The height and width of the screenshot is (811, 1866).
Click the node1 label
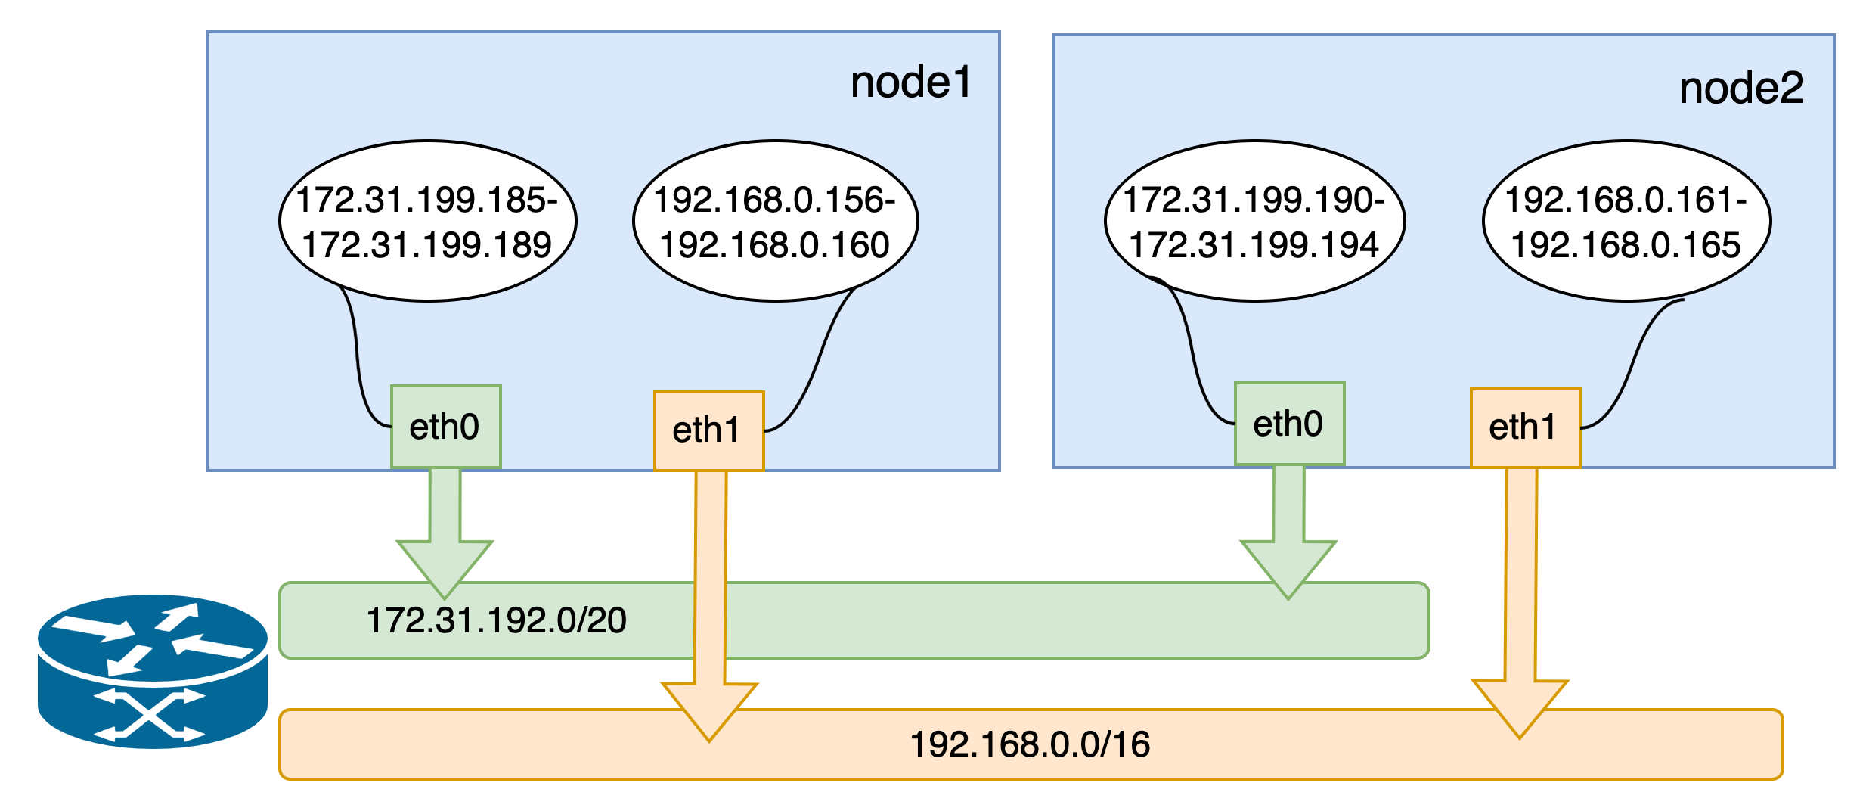tap(910, 83)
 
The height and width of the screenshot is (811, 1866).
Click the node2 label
tap(1740, 89)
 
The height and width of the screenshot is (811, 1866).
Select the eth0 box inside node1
tap(445, 427)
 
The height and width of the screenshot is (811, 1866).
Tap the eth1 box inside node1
tap(708, 430)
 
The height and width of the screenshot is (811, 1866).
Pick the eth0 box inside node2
tap(1289, 424)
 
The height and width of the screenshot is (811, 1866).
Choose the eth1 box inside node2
tap(1524, 427)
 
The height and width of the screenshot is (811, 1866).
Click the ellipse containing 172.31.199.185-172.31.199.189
tap(427, 221)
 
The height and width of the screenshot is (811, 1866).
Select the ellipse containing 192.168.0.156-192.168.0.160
tap(775, 221)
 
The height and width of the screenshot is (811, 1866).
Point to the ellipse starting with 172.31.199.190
tap(1254, 221)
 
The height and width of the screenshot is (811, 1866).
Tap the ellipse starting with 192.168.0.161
tap(1626, 221)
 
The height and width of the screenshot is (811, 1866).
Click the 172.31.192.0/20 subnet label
tap(496, 621)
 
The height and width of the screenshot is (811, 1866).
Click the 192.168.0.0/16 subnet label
tap(1030, 745)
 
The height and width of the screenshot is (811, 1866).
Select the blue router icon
tap(153, 671)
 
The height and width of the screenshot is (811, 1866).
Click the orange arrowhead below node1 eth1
tap(709, 707)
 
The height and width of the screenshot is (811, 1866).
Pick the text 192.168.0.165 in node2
tap(1626, 245)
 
